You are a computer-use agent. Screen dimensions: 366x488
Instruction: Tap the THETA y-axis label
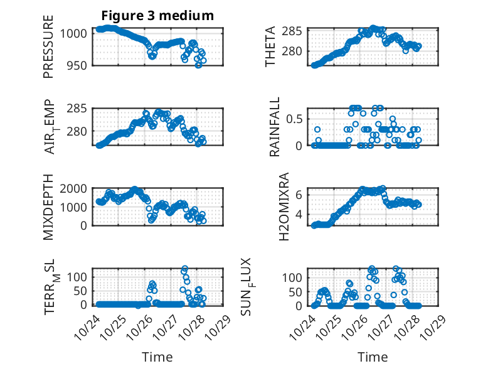[x=270, y=46]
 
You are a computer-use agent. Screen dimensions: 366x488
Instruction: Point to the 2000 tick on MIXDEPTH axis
[x=77, y=188]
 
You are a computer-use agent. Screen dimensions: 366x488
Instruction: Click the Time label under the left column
[x=157, y=357]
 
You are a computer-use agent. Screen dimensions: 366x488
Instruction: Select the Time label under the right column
[x=373, y=357]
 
